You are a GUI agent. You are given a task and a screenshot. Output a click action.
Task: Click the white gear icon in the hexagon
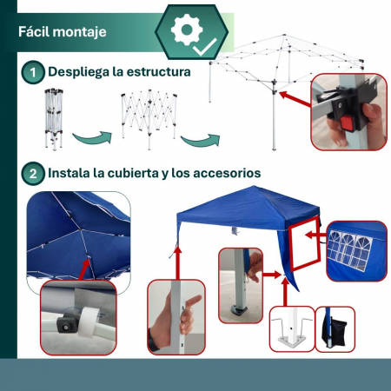point(187,30)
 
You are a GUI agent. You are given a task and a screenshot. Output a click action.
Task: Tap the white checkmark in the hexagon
point(205,47)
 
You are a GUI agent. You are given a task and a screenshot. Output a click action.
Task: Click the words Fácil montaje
point(63,31)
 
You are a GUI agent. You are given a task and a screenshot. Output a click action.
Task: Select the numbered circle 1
point(33,72)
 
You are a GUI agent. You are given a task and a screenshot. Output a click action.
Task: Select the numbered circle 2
point(33,174)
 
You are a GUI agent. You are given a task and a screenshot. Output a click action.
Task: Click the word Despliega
point(78,72)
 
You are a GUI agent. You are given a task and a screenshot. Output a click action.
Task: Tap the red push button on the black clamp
point(347,123)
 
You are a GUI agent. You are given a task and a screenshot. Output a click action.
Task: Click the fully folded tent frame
point(54,120)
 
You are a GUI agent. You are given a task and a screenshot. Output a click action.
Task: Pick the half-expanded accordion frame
point(149,119)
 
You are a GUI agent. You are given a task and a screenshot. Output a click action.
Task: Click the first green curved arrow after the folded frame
point(92,137)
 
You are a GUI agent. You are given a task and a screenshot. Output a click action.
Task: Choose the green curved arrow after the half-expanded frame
point(201,140)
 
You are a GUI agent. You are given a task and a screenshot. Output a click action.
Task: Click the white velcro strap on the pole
point(88,322)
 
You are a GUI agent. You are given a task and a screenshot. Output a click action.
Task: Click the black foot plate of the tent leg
point(239,310)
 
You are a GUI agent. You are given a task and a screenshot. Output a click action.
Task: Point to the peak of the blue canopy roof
point(254,187)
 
